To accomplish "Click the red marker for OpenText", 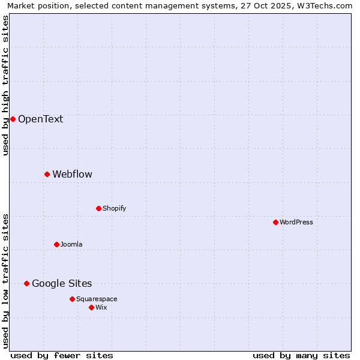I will pyautogui.click(x=13, y=119).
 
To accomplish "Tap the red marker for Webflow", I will pyautogui.click(x=47, y=174).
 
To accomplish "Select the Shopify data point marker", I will pyautogui.click(x=98, y=208).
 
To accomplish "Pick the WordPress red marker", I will pyautogui.click(x=275, y=222).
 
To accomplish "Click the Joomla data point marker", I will pyautogui.click(x=56, y=244).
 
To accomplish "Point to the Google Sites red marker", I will pyautogui.click(x=26, y=283).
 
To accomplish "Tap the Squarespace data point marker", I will pyautogui.click(x=72, y=299).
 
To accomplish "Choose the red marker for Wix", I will pyautogui.click(x=91, y=307).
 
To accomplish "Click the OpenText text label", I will pyautogui.click(x=40, y=119).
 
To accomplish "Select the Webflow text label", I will pyautogui.click(x=72, y=174).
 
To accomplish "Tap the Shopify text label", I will pyautogui.click(x=114, y=208).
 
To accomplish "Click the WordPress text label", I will pyautogui.click(x=296, y=222).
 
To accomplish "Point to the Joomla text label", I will pyautogui.click(x=71, y=244).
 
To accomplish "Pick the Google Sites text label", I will pyautogui.click(x=62, y=283).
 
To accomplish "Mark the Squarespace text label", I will pyautogui.click(x=97, y=299).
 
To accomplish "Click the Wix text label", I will pyautogui.click(x=101, y=307).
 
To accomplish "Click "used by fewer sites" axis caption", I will pyautogui.click(x=62, y=355).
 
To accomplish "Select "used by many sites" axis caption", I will pyautogui.click(x=301, y=355).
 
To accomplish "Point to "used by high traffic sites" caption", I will pyautogui.click(x=5, y=85).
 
